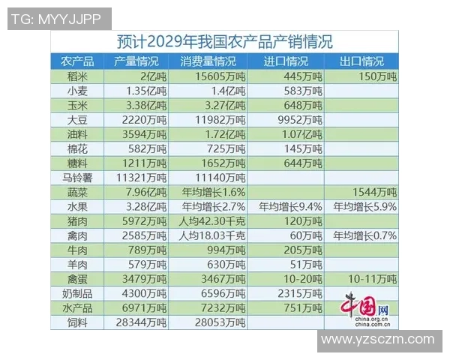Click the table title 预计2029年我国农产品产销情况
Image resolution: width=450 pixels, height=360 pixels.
[225, 41]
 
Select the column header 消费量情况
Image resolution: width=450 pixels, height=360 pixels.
[206, 61]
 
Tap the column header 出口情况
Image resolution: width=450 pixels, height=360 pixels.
[361, 61]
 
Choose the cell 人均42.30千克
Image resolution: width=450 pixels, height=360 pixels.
[208, 220]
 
